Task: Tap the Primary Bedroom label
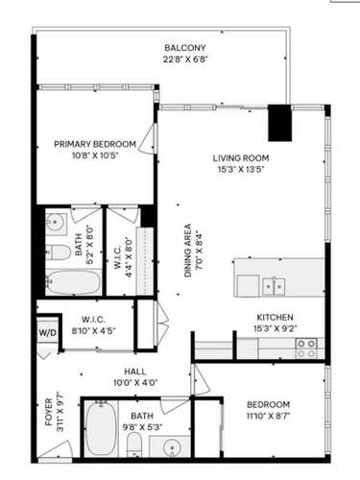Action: tap(95, 144)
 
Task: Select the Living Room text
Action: tap(241, 158)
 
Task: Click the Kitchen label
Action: tap(275, 317)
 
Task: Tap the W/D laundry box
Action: tap(47, 333)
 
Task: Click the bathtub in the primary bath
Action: tap(73, 282)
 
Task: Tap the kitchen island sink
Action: tap(274, 285)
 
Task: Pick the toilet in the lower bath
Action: tap(135, 443)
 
